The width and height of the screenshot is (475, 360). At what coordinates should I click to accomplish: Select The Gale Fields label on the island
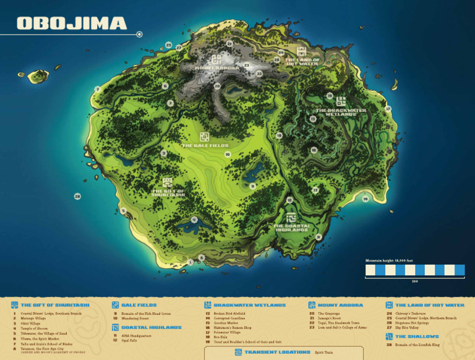[x=205, y=145]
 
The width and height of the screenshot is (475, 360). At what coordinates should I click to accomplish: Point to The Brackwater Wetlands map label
[x=341, y=113]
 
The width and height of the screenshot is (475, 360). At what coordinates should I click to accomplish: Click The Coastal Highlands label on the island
[x=291, y=227]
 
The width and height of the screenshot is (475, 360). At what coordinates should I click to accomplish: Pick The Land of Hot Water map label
[x=302, y=61]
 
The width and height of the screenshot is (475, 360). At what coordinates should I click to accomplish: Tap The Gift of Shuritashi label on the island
[x=168, y=192]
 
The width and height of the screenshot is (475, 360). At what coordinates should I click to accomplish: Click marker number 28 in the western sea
[x=77, y=196]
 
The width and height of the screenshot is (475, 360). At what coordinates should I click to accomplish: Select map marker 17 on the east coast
[x=388, y=109]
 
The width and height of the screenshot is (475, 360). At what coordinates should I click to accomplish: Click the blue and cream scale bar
[x=414, y=270]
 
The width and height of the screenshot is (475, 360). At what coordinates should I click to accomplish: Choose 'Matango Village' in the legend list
[x=35, y=319]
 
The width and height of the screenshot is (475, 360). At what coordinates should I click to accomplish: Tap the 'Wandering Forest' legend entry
[x=135, y=319]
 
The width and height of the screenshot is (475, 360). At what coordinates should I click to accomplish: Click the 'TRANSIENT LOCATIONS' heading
[x=277, y=352]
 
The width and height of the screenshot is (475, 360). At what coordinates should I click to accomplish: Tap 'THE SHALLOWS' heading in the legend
[x=417, y=336]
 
